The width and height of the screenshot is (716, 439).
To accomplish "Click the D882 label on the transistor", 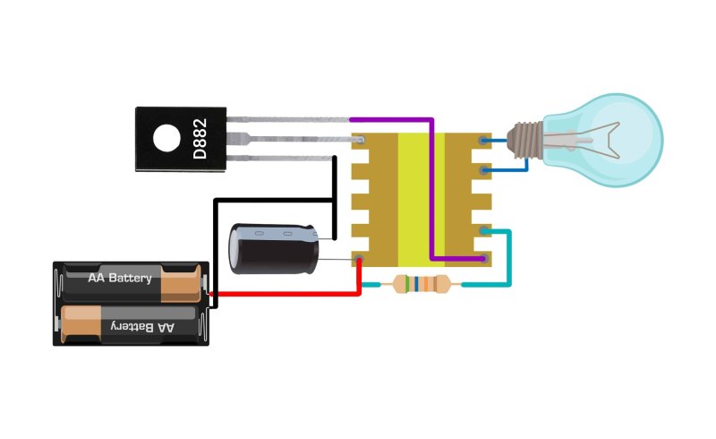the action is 200,139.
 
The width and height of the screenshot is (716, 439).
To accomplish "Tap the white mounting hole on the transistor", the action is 166,138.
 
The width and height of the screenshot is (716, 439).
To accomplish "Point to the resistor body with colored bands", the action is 421,284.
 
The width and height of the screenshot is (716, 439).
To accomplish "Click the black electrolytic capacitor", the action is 274,248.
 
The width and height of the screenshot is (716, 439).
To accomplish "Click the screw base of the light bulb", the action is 525,140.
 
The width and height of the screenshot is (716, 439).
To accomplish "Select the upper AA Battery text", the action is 120,278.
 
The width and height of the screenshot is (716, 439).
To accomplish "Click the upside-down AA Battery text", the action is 142,327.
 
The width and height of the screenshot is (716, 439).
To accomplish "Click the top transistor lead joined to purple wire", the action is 288,120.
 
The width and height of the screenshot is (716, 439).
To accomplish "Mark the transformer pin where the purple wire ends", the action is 484,259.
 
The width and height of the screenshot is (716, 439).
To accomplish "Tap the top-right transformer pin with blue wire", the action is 483,140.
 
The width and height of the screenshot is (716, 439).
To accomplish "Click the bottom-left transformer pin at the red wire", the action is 359,259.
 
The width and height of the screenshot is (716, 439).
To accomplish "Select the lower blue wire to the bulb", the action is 507,169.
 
